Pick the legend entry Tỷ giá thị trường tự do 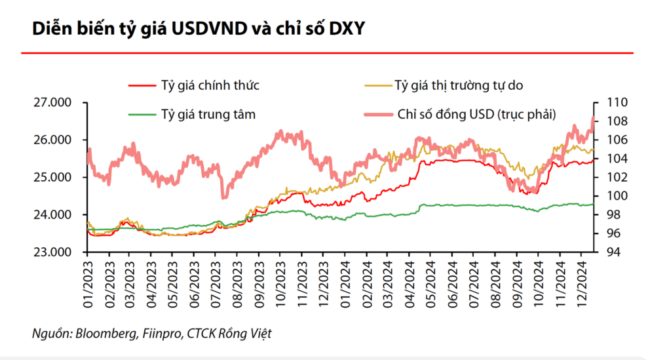(458, 85)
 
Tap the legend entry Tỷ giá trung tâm (208, 114)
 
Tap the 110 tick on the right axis (609, 103)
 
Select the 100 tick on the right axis (609, 196)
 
